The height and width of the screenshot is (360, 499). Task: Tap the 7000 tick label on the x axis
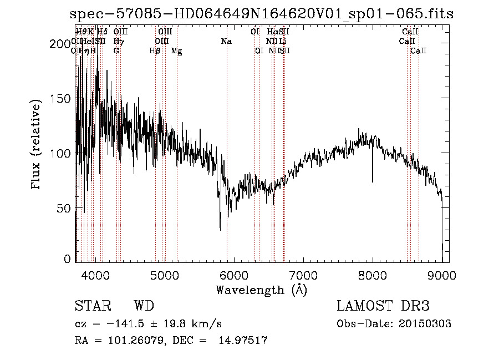tap(303, 275)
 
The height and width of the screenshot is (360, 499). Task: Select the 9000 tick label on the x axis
tap(441, 275)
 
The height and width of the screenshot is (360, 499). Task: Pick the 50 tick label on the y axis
tap(65, 208)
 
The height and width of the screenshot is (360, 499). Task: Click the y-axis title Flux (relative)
tap(37, 145)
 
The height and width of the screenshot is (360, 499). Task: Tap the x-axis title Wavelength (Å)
tap(261, 290)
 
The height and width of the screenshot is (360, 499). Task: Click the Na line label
tap(226, 42)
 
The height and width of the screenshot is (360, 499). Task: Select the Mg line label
tap(176, 51)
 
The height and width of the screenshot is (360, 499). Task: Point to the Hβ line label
tap(155, 51)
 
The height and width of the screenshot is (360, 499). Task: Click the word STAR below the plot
tap(92, 306)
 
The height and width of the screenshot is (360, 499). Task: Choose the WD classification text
tap(144, 306)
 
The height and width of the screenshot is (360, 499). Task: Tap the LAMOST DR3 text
tap(383, 306)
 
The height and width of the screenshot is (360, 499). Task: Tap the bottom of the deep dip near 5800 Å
tap(220, 228)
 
